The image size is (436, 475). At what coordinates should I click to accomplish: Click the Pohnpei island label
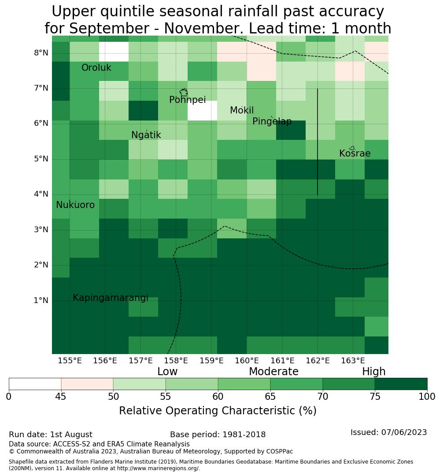[187, 100]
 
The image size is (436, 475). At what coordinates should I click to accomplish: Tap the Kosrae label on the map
[355, 153]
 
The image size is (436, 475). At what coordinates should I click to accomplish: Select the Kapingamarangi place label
[111, 298]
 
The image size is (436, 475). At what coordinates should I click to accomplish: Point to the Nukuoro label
[75, 205]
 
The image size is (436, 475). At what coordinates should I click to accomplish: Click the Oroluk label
[96, 68]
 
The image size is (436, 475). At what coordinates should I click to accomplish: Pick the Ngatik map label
[146, 135]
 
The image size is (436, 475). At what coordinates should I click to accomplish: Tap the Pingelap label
[272, 121]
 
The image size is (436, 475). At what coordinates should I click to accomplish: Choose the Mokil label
[241, 110]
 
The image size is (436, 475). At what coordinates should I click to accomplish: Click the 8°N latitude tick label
[41, 53]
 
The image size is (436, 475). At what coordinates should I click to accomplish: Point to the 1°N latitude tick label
[41, 300]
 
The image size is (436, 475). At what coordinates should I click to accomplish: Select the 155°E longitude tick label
[70, 361]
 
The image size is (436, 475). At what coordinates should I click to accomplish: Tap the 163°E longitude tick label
[353, 361]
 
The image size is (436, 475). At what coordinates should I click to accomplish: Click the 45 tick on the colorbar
[61, 397]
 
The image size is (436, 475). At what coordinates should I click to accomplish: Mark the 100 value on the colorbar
[427, 397]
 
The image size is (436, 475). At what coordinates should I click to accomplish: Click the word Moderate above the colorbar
[273, 371]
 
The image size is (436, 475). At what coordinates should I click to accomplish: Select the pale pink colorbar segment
[87, 384]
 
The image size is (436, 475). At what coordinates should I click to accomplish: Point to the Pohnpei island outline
[184, 92]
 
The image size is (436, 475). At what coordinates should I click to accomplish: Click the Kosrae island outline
[352, 148]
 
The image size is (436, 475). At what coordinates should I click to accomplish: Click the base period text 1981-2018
[244, 435]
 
